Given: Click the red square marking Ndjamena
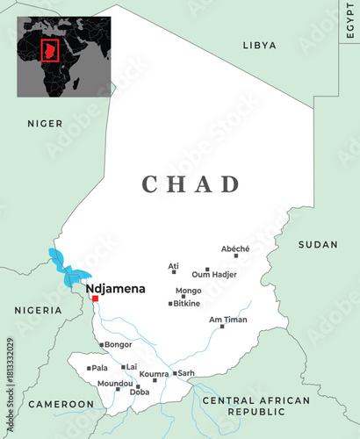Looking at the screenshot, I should (95, 299).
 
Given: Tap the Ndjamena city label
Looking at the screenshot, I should (115, 287).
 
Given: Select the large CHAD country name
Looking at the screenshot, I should (191, 184).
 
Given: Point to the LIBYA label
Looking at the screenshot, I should (259, 45).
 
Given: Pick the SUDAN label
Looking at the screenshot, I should (318, 244).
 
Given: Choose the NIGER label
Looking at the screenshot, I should (44, 123).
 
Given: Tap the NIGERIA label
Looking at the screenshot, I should (38, 310).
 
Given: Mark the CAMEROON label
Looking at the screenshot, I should (61, 404).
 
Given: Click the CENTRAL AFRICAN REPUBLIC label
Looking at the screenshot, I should (256, 406).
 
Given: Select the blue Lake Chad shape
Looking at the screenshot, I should (63, 265).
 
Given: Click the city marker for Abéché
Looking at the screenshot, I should (235, 255).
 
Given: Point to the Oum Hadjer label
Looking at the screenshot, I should (214, 275).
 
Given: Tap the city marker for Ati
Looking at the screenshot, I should (174, 272).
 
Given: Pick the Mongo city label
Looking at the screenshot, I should (188, 291).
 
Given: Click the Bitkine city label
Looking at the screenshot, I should (186, 304).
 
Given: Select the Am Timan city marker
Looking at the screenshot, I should (222, 326).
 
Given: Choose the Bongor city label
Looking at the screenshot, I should (118, 345).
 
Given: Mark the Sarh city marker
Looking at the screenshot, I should (175, 373).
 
